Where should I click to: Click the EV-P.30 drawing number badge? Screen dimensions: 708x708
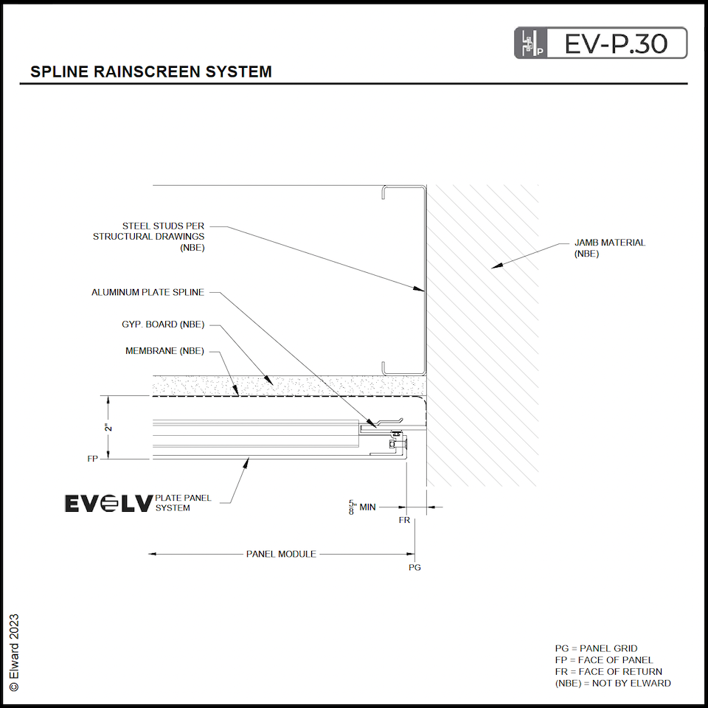click(600, 44)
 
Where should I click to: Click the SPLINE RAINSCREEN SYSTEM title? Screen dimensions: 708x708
click(151, 72)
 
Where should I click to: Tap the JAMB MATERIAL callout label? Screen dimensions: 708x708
click(609, 248)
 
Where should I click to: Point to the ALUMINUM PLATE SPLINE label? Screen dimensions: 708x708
click(147, 293)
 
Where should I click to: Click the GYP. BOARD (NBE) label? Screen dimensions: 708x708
click(163, 324)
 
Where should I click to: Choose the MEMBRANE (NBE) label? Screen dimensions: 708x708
click(164, 351)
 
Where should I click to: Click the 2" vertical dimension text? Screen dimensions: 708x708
click(108, 428)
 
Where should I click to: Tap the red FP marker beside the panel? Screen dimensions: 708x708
click(92, 459)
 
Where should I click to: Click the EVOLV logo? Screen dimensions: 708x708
click(109, 504)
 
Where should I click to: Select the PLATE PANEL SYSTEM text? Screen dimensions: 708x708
click(183, 503)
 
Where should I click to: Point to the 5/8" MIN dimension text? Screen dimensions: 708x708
click(362, 507)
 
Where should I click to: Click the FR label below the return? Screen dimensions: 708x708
click(404, 521)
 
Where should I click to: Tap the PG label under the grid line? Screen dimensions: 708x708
click(414, 568)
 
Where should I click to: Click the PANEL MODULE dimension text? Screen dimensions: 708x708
click(281, 554)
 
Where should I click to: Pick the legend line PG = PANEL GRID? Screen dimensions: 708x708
click(596, 649)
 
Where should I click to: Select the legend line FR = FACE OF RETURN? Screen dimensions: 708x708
click(608, 672)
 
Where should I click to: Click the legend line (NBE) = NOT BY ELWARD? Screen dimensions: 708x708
click(613, 684)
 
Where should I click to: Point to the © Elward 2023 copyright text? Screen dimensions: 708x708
click(14, 652)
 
